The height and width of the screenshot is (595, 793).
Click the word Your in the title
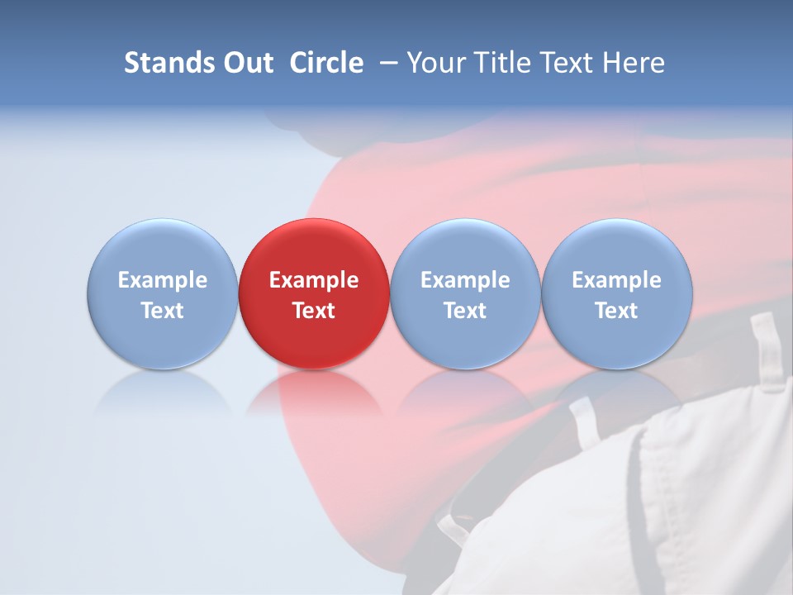tap(434, 63)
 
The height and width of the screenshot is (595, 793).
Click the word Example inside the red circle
tap(314, 280)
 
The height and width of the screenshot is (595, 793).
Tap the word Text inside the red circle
tap(314, 311)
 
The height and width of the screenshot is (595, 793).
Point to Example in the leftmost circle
tap(162, 280)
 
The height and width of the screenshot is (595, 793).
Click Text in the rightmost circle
tap(617, 311)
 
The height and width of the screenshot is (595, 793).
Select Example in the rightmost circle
tap(617, 280)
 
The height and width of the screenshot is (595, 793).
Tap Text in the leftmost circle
tap(162, 311)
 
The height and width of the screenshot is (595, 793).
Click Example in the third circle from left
tap(465, 280)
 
